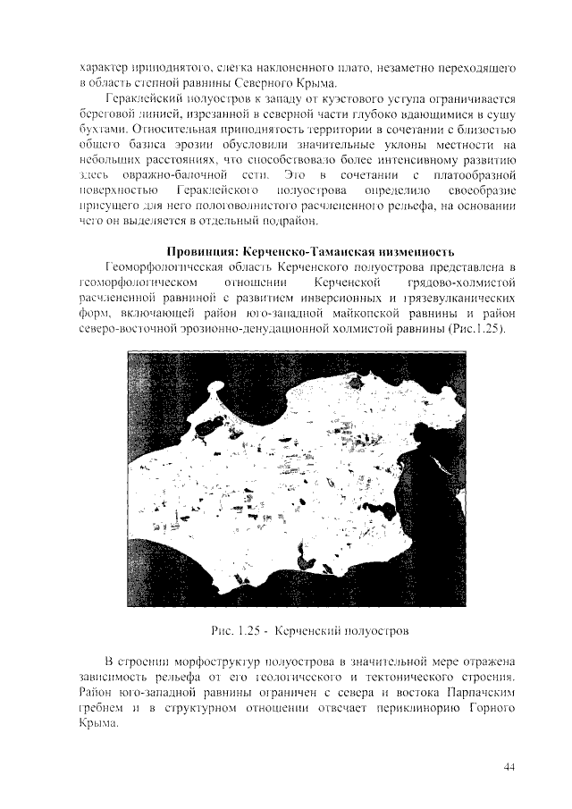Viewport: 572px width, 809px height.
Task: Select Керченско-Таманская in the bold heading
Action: [313, 249]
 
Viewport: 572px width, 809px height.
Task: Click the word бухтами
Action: [101, 130]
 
